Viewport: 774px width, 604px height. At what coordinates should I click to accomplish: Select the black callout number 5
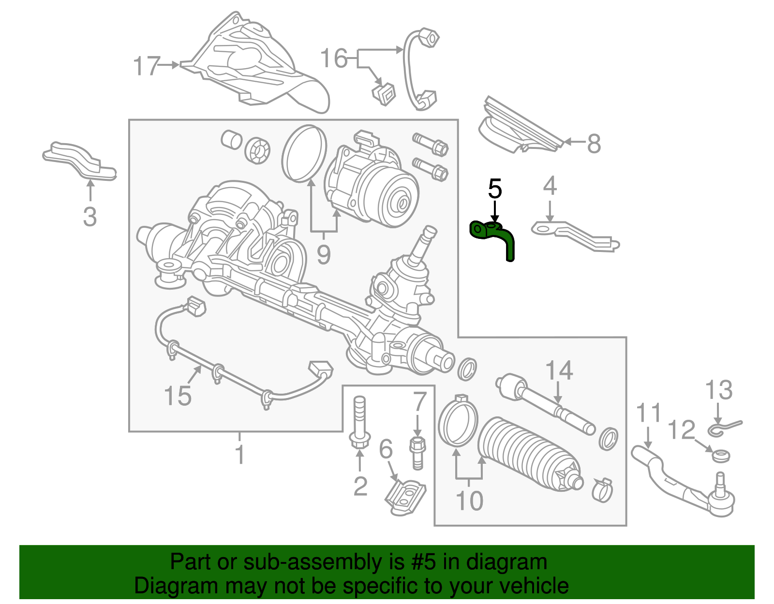(x=494, y=189)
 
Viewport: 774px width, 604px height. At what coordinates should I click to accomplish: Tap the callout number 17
(x=146, y=66)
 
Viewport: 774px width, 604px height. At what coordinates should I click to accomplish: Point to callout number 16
(x=334, y=59)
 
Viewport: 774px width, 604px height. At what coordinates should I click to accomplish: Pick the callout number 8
(x=594, y=144)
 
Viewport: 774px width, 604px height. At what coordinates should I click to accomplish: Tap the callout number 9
(x=324, y=253)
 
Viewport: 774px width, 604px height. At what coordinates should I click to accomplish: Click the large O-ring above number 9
(x=304, y=153)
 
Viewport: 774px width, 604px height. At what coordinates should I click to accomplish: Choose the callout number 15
(x=178, y=396)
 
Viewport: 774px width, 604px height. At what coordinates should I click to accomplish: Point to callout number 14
(x=559, y=371)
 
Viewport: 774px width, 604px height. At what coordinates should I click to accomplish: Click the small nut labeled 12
(x=722, y=455)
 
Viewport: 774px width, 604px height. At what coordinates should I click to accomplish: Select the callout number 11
(x=648, y=414)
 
